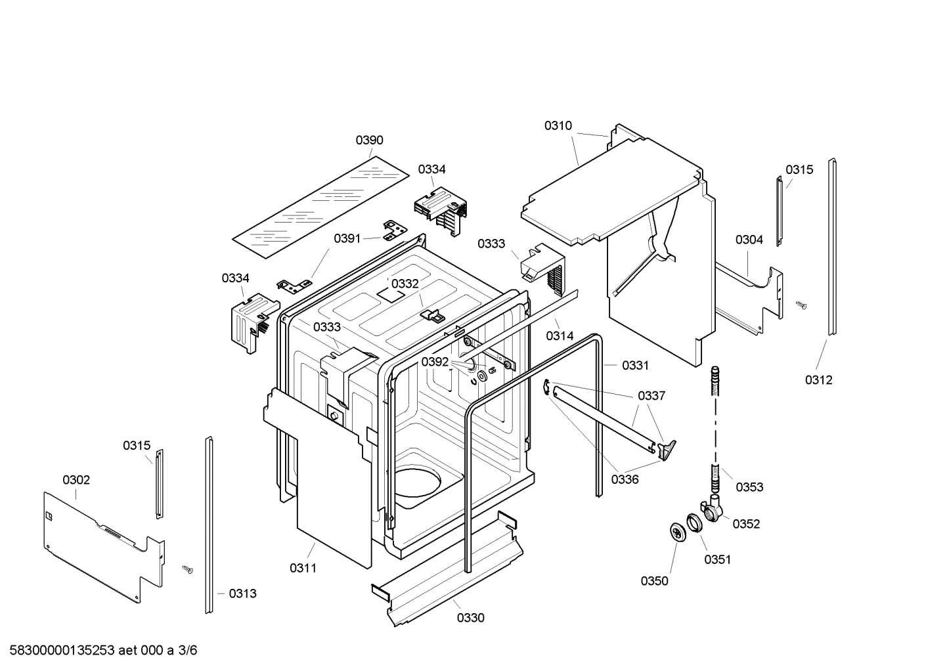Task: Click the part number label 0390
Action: coord(369,140)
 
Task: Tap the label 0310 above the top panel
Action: coord(558,125)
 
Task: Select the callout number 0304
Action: coord(749,240)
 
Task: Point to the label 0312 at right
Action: coord(818,379)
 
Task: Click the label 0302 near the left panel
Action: coord(76,480)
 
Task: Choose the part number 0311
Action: coord(303,568)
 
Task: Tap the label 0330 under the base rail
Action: coord(470,618)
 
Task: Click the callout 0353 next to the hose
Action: coord(749,487)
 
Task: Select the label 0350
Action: coord(654,581)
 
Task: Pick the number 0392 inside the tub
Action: coord(435,362)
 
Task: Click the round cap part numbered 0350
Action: coord(675,532)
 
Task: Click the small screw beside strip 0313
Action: coord(187,569)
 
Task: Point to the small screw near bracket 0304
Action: coord(801,305)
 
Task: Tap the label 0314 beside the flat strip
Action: coord(560,336)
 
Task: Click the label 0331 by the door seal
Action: coord(635,366)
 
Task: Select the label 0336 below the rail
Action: coord(625,479)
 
